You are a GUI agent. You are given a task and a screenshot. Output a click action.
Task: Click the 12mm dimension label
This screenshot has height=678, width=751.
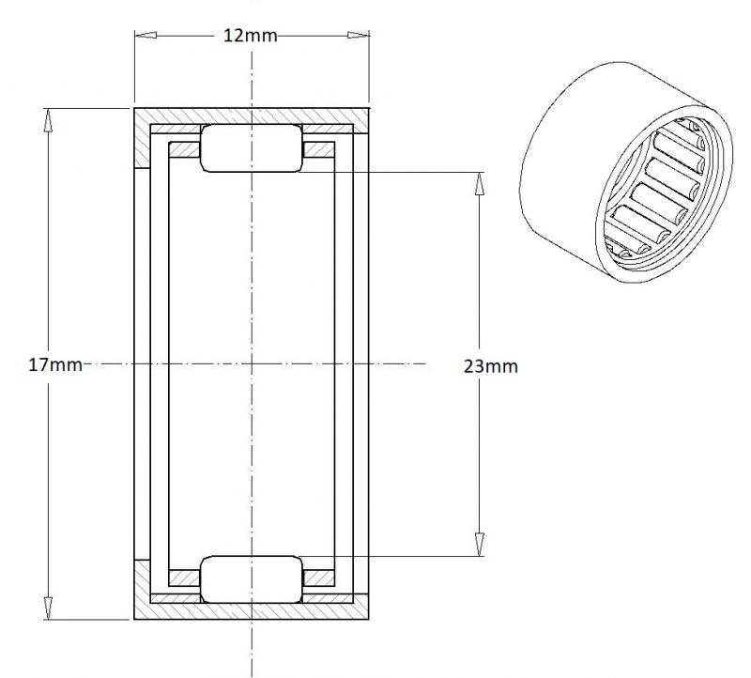[x=251, y=36]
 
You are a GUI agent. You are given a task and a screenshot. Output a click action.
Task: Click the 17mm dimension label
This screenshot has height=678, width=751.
[x=55, y=365]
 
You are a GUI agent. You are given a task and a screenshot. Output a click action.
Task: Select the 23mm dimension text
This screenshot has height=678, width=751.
[x=491, y=366]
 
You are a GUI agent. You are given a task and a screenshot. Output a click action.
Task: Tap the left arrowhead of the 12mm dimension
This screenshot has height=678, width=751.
[x=146, y=35]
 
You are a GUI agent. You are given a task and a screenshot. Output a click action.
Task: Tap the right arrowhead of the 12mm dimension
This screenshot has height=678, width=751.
[x=359, y=35]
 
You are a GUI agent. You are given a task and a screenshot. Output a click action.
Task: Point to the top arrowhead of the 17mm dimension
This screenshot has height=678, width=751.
[x=48, y=120]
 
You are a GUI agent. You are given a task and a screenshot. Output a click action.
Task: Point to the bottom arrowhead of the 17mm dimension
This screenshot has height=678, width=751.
[x=48, y=609]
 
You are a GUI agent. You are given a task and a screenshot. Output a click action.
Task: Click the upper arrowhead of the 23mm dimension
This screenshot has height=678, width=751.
[x=480, y=183]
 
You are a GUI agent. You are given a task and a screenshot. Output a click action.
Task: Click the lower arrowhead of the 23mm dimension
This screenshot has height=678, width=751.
[x=480, y=545]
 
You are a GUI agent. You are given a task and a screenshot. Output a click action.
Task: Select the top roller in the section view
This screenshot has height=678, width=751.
[x=252, y=148]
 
